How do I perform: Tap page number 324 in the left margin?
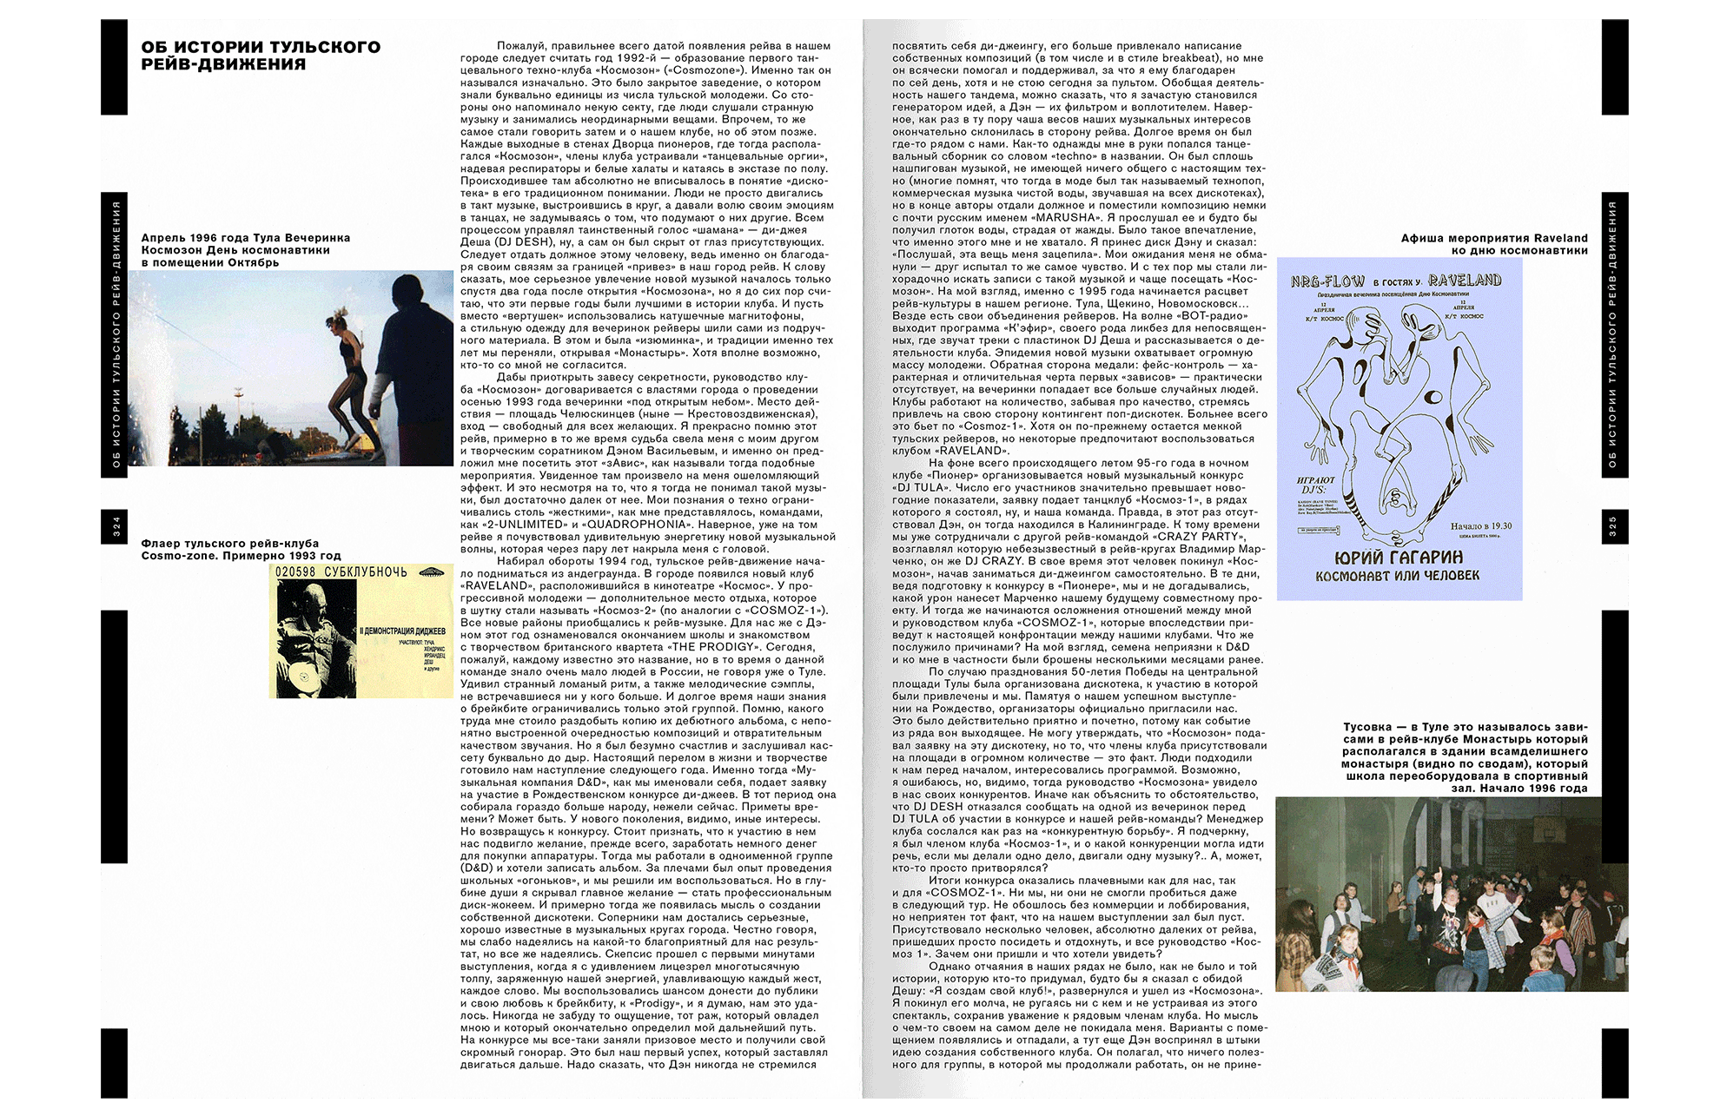tap(116, 526)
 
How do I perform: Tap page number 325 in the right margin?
tap(1613, 526)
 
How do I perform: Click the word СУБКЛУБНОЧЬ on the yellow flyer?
tap(365, 572)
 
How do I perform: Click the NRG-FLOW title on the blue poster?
tap(1327, 281)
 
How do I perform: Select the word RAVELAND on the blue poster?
tap(1465, 280)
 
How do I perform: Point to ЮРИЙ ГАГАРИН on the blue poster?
tap(1399, 557)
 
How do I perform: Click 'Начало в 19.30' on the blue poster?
tap(1480, 525)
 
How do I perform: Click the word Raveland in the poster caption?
tap(1560, 238)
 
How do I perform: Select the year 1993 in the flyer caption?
tap(300, 556)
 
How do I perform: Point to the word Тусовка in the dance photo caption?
tap(1367, 727)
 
